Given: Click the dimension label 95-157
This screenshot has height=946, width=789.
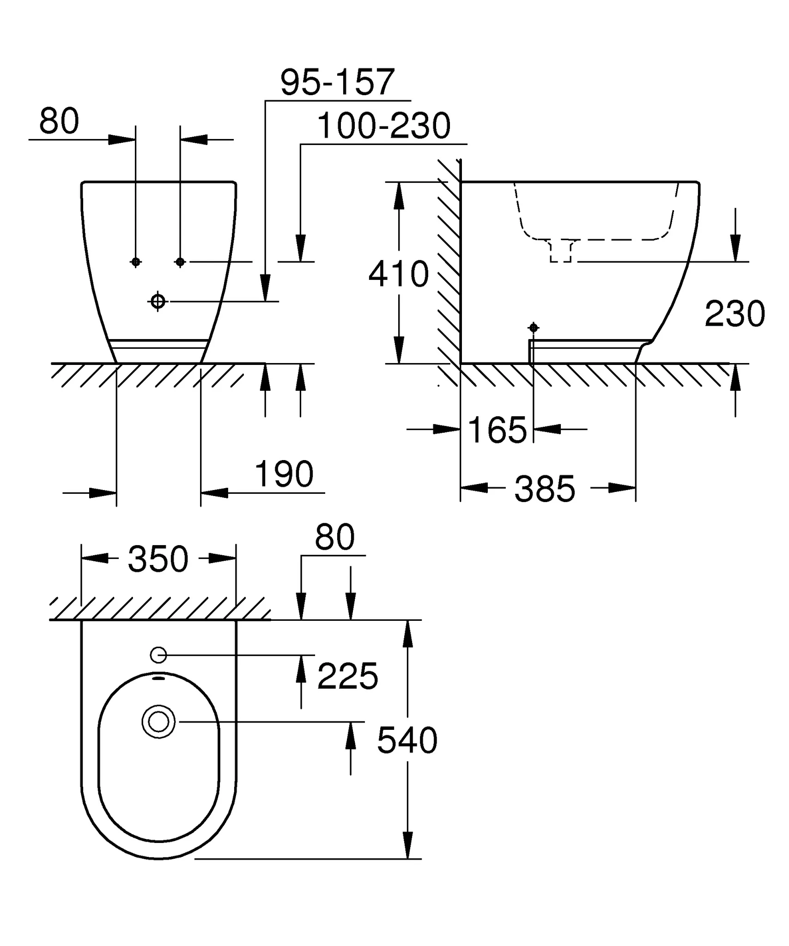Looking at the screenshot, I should click(338, 82).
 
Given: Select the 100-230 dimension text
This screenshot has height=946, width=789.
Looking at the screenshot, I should click(384, 126).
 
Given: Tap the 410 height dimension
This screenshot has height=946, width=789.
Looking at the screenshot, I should click(399, 274).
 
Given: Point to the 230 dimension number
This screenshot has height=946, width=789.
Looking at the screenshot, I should click(734, 314).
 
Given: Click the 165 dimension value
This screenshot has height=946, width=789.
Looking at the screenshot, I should click(497, 430).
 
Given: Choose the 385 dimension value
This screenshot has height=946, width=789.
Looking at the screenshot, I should click(545, 489).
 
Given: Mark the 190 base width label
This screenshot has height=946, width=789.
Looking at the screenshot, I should click(284, 474).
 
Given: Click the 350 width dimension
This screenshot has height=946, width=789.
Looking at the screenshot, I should click(158, 559).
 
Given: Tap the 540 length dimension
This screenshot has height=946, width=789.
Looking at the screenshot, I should click(407, 740).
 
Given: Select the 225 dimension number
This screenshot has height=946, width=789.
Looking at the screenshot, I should click(347, 676).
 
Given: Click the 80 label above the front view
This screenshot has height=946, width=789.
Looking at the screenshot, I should click(59, 121).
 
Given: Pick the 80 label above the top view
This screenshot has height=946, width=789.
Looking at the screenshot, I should click(334, 537).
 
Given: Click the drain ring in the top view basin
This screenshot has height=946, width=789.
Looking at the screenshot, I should click(158, 722).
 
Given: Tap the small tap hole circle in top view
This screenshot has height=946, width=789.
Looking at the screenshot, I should click(158, 655).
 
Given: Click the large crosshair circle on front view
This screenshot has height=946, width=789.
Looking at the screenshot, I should click(158, 302).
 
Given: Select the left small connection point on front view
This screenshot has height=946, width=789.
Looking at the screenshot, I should click(135, 262).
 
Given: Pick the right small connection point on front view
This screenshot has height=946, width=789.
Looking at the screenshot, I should click(180, 262).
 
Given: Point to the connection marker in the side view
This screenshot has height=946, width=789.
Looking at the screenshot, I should click(534, 327).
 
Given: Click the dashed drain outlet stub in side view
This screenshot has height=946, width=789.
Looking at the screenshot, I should click(561, 251).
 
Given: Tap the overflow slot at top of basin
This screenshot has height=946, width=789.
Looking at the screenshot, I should click(158, 679).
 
